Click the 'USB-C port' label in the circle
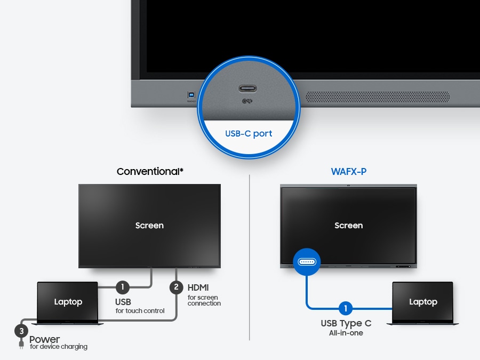pyautogui.click(x=249, y=133)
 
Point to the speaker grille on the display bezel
pyautogui.click(x=377, y=96)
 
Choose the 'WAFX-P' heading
pyautogui.click(x=348, y=172)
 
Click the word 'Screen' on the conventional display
pyautogui.click(x=149, y=226)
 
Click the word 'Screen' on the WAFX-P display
pyautogui.click(x=348, y=226)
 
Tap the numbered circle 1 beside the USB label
pyautogui.click(x=123, y=287)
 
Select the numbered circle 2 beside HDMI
pyautogui.click(x=177, y=287)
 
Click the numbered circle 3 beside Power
pyautogui.click(x=21, y=331)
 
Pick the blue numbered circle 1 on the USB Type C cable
pyautogui.click(x=346, y=308)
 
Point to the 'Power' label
pyautogui.click(x=44, y=339)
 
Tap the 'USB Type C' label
pyautogui.click(x=346, y=323)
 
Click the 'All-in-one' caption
pyautogui.click(x=346, y=333)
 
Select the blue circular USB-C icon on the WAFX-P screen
pyautogui.click(x=306, y=262)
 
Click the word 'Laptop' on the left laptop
pyautogui.click(x=68, y=302)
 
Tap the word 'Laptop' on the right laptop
pyautogui.click(x=423, y=302)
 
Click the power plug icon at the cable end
pyautogui.click(x=21, y=345)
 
